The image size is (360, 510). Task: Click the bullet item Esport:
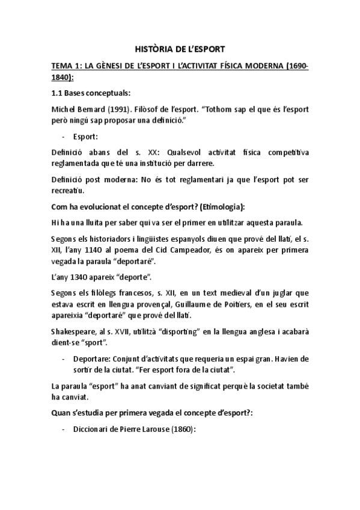pos(90,137)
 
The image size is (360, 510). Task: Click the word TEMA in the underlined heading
pos(61,66)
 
